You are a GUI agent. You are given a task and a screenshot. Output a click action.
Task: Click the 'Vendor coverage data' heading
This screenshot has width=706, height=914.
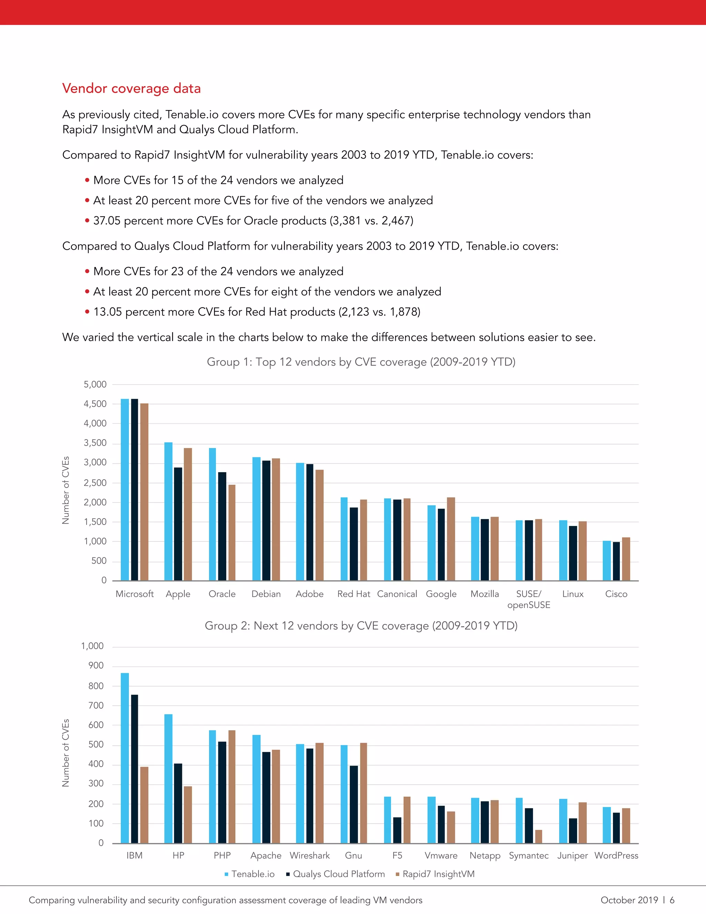coord(131,88)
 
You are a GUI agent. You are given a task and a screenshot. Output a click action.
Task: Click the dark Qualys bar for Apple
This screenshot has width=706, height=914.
coord(178,524)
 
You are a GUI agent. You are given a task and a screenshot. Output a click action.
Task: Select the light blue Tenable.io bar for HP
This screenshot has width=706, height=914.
coord(168,778)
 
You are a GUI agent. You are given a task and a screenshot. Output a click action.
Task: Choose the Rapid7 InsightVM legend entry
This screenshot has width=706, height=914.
coord(438,874)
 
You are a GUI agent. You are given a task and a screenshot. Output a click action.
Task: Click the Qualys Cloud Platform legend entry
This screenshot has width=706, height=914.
coord(339,874)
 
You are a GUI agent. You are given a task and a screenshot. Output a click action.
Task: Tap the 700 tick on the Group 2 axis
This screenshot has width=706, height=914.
coord(96,706)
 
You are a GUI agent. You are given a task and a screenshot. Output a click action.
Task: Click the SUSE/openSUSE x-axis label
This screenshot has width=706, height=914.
coord(529,599)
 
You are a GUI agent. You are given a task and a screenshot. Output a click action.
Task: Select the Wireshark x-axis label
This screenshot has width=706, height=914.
coord(310,855)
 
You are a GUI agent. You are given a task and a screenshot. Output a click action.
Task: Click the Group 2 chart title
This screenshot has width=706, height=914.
coord(361,626)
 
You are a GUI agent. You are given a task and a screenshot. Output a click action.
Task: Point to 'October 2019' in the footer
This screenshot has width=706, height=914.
coord(629,900)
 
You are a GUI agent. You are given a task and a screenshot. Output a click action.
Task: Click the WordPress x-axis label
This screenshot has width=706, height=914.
coord(616,855)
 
